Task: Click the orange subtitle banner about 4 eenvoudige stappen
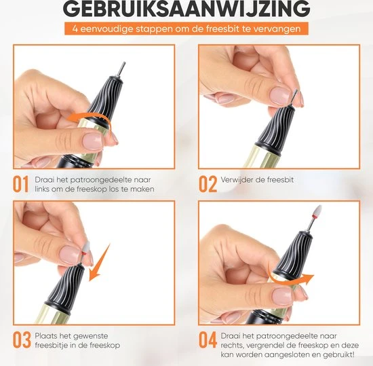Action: coord(186,30)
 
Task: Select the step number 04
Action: coord(207,339)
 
